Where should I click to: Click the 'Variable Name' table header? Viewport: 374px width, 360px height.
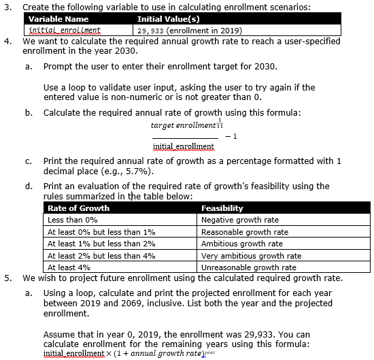(58, 19)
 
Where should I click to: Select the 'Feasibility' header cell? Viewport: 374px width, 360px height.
(222, 208)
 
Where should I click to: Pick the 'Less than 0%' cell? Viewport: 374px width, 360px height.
(73, 220)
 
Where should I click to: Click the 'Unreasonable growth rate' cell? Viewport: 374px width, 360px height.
(248, 267)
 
